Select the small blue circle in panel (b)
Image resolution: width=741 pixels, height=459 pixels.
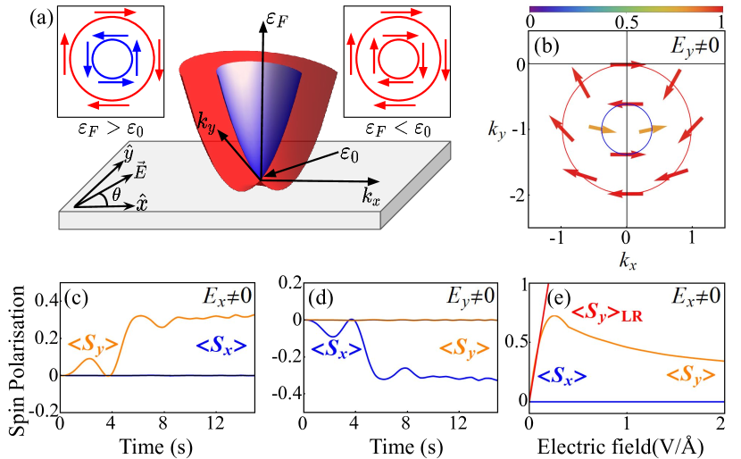pos(626,129)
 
